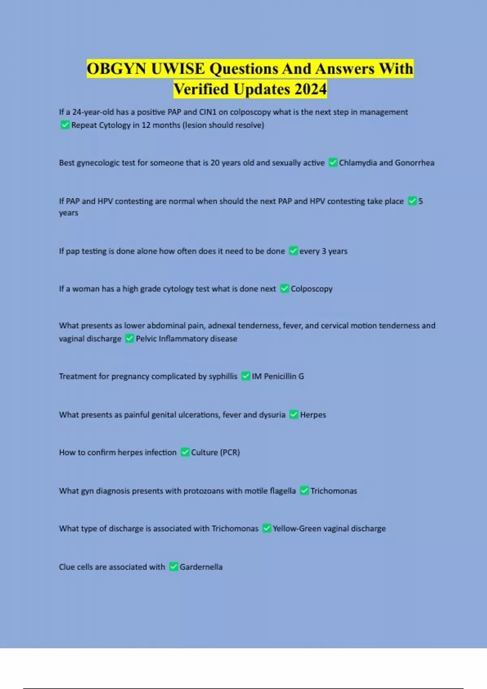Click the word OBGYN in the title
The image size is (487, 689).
tap(117, 68)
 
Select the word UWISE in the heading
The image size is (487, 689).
tap(178, 68)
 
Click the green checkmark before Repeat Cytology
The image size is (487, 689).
tap(65, 125)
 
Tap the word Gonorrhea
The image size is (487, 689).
tap(414, 163)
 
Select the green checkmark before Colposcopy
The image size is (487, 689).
tap(284, 289)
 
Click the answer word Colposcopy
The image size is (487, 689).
tap(312, 289)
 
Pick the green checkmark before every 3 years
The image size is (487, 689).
tap(293, 251)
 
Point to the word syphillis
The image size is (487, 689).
tap(223, 376)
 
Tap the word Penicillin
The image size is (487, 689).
tap(280, 376)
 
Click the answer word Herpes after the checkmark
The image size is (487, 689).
tap(313, 415)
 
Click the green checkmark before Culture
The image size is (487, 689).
tap(185, 452)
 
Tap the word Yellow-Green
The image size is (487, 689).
tap(297, 529)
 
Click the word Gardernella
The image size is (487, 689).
tap(201, 567)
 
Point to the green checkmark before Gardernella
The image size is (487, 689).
tap(174, 567)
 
